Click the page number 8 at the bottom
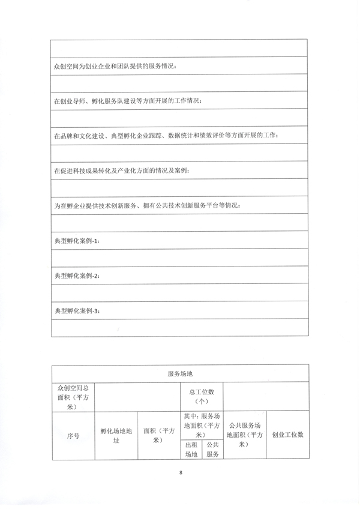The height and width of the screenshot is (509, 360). [x=180, y=473]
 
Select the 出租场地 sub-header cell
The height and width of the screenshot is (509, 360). [x=191, y=450]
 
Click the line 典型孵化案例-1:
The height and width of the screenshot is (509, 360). [x=77, y=241]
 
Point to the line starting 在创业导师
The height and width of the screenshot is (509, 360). [x=128, y=100]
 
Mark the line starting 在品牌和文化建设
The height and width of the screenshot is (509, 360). [x=166, y=136]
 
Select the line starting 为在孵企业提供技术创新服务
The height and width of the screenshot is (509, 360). [x=148, y=206]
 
